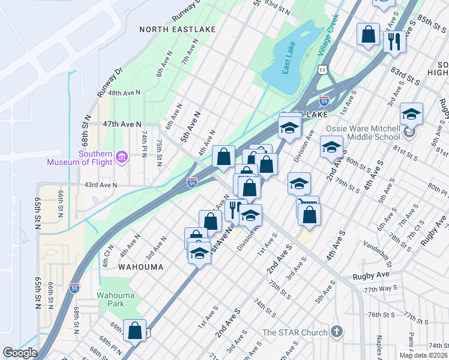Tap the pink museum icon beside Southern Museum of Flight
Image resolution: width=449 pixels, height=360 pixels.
pos(122,157)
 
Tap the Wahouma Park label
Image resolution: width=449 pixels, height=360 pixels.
pos(116,300)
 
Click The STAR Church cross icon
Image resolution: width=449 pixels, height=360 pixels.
pos(337,332)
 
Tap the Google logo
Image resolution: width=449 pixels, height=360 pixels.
pos(19,353)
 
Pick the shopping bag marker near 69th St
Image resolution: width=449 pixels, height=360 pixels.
pos(135,331)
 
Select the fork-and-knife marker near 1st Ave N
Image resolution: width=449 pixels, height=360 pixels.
pos(235,209)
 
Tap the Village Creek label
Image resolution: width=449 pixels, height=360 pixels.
pos(328,35)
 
